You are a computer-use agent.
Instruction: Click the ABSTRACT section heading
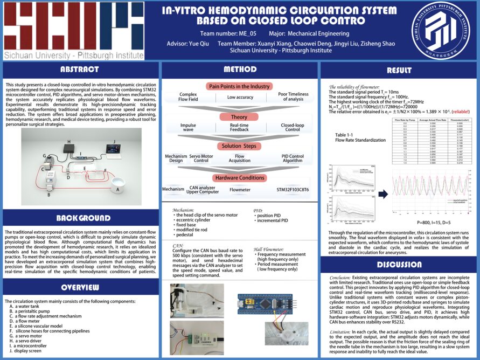coord(79,70)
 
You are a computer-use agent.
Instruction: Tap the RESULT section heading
coord(399,70)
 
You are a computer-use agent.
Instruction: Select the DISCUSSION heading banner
coord(399,264)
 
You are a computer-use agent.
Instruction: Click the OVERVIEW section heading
coord(79,287)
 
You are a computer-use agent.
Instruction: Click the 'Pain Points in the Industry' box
coord(239,86)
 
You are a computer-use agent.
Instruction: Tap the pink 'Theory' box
coord(239,116)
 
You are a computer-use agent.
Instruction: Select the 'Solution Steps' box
coord(239,146)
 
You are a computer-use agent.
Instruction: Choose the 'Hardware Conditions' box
coord(239,178)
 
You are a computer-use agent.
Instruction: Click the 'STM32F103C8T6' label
coord(292,189)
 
